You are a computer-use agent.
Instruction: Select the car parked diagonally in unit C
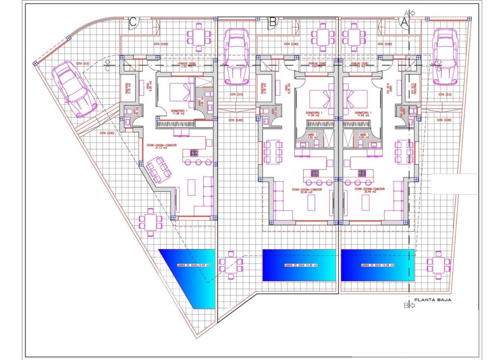coord(74,89)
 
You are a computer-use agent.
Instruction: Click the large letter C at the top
coord(132,22)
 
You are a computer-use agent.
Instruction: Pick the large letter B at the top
coord(273,22)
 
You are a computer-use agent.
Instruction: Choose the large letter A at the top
coord(404,22)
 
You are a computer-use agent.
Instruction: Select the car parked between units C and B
coord(236,56)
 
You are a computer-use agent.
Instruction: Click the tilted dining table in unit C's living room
coord(158,169)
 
